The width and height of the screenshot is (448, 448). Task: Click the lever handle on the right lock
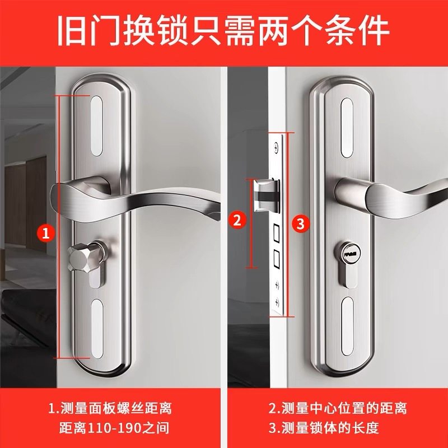pos(392,195)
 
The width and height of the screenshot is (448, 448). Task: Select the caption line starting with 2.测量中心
pos(337,408)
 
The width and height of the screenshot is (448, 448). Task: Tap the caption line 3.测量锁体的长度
pos(323,429)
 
